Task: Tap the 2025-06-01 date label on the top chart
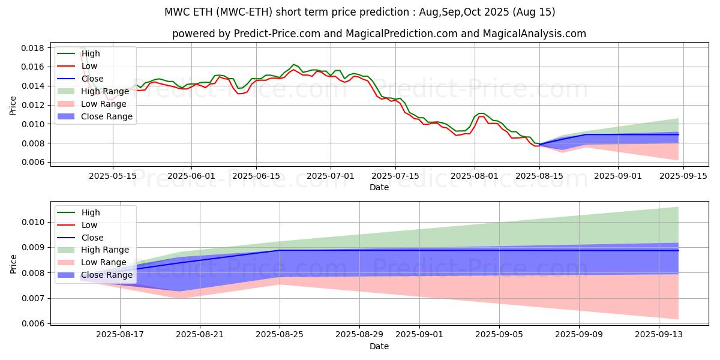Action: tap(191, 176)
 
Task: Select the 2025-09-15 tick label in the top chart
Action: tap(683, 176)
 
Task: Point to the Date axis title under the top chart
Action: tap(379, 187)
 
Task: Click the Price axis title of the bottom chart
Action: tap(13, 264)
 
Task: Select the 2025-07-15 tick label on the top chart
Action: tap(395, 176)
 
